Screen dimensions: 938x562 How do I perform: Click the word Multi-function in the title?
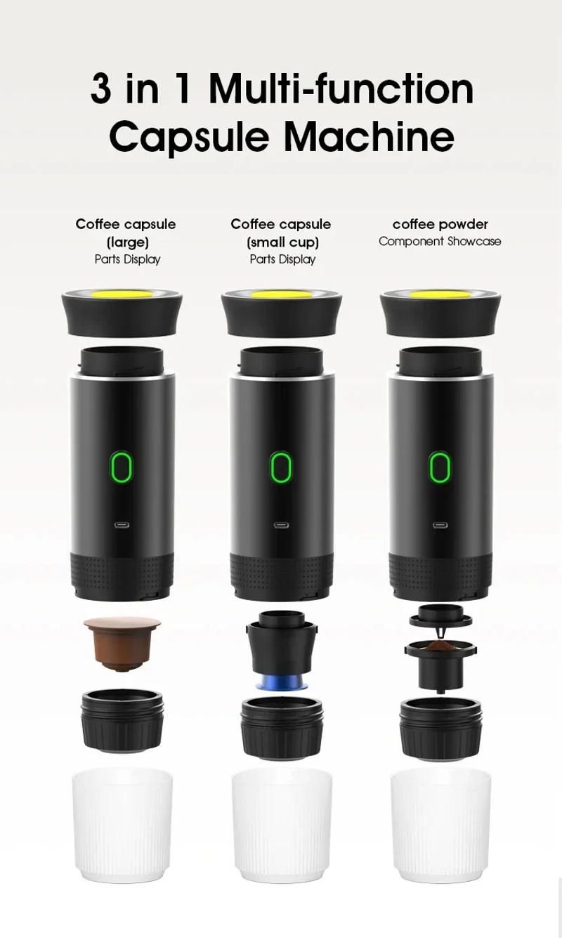pyautogui.click(x=341, y=89)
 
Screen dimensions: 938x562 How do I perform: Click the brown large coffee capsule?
pyautogui.click(x=122, y=641)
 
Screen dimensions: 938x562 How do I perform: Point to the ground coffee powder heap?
pyautogui.click(x=440, y=645)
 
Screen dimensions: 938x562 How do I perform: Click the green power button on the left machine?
pyautogui.click(x=122, y=467)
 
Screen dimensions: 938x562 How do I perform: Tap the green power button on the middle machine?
pyautogui.click(x=281, y=467)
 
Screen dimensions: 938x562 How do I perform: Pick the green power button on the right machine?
pyautogui.click(x=440, y=467)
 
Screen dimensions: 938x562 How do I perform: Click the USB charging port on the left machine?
pyautogui.click(x=122, y=525)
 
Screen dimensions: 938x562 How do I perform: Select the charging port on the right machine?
pyautogui.click(x=440, y=525)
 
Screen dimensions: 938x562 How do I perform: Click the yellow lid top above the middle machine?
pyautogui.click(x=281, y=294)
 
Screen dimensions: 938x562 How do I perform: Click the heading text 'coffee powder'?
pyautogui.click(x=440, y=224)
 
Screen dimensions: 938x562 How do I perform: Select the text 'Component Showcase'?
pyautogui.click(x=440, y=242)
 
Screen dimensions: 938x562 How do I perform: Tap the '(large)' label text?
pyautogui.click(x=127, y=242)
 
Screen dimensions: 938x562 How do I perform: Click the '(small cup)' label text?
pyautogui.click(x=282, y=242)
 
